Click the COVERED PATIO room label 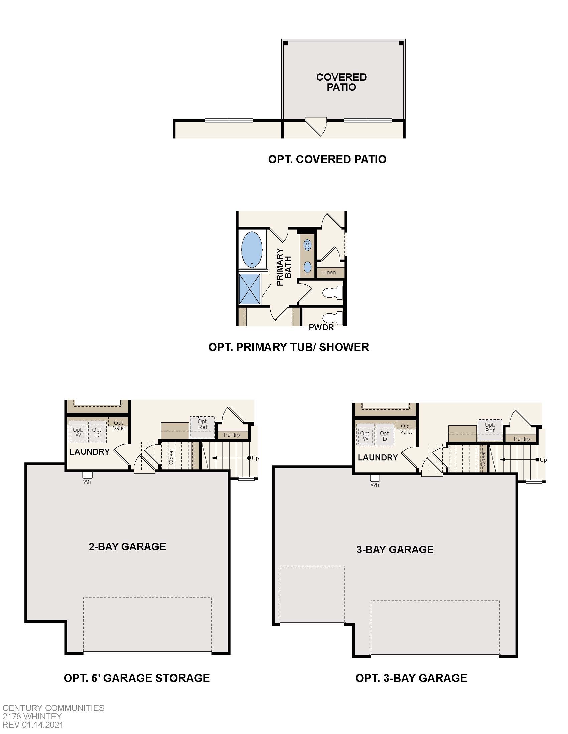(x=341, y=82)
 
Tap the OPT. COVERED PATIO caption (x=327, y=159)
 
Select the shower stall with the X (x=249, y=289)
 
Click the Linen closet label (x=329, y=272)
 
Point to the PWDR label (x=321, y=327)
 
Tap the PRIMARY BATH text (x=284, y=267)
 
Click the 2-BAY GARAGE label (x=127, y=546)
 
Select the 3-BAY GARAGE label (x=395, y=549)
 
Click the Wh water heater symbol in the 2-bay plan (x=87, y=476)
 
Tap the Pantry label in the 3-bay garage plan (x=522, y=439)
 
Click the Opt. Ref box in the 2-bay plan (x=202, y=427)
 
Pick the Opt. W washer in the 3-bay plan (x=366, y=436)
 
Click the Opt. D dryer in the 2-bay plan (x=97, y=432)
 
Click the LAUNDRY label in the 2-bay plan (x=90, y=452)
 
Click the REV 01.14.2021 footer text (x=33, y=725)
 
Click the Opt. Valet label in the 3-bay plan (x=406, y=429)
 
